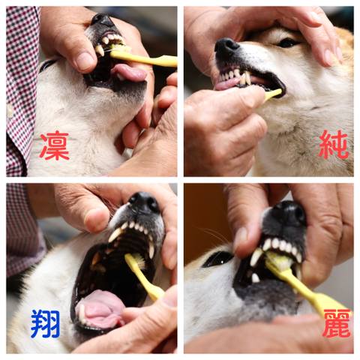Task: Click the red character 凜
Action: click(54, 145)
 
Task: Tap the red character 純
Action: click(334, 145)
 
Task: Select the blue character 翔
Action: click(46, 324)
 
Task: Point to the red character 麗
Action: click(337, 323)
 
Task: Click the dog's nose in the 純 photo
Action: click(226, 47)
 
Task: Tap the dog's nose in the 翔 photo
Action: click(144, 202)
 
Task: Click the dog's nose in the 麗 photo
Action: click(290, 212)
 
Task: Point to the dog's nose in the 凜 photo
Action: click(102, 20)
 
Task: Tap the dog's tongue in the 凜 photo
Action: click(129, 73)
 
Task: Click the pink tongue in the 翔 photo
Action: click(100, 309)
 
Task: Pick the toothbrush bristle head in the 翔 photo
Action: click(136, 260)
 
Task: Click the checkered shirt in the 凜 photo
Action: click(21, 90)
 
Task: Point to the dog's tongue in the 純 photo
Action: click(226, 85)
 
